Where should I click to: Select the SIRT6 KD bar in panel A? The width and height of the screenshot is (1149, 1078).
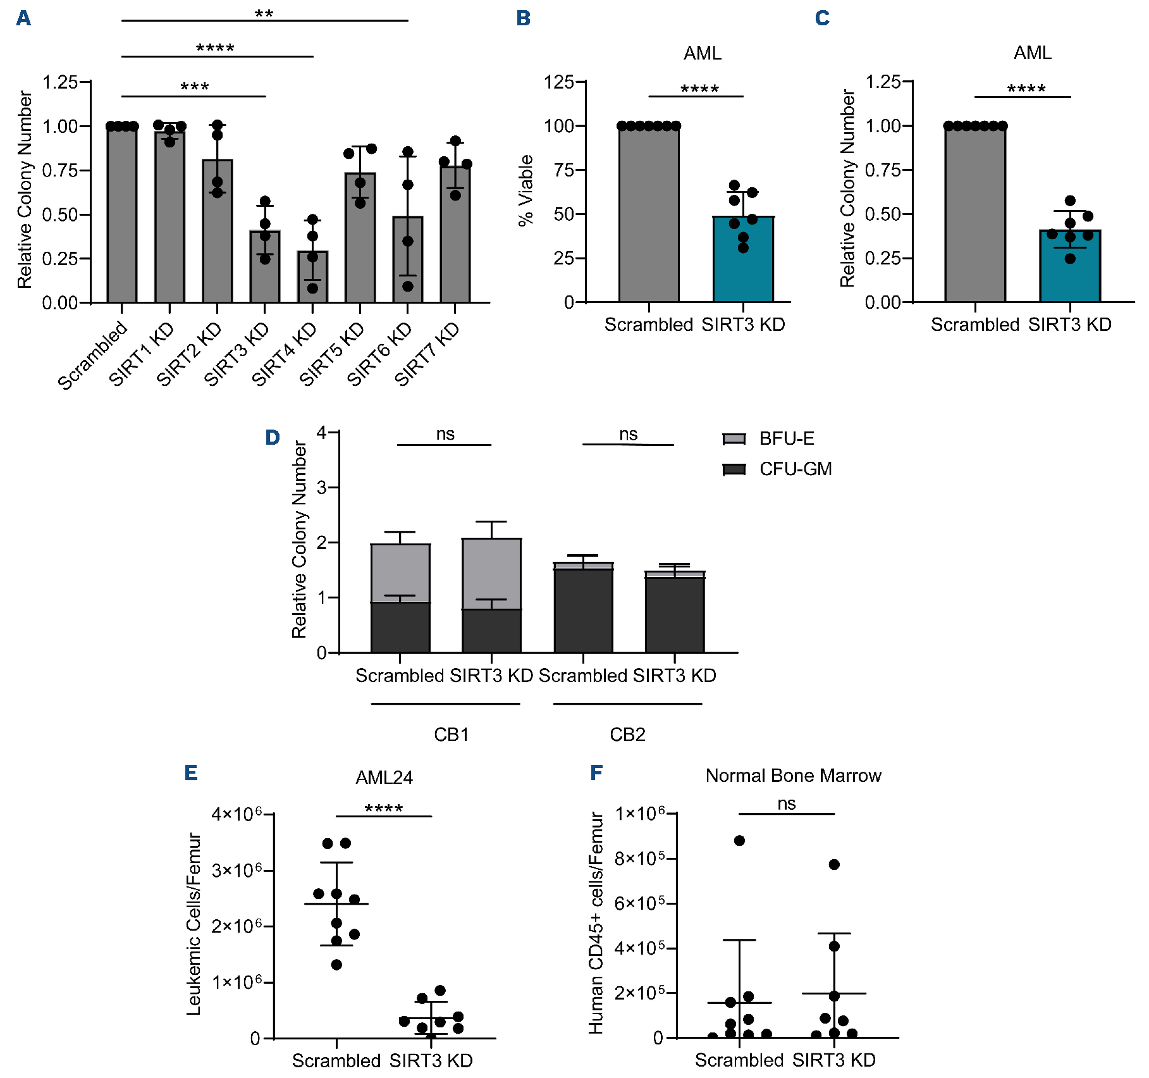pos(408,259)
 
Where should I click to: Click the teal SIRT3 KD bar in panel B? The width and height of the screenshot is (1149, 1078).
pos(743,259)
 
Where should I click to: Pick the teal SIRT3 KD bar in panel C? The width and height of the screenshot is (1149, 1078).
pos(1070,266)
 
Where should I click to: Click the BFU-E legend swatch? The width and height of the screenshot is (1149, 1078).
pos(734,439)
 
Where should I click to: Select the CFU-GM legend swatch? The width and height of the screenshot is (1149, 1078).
pos(734,469)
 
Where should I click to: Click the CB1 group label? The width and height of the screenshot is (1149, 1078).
pos(451,734)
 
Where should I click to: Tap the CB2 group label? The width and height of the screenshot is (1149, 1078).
pos(627,734)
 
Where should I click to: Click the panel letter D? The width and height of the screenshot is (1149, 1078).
pos(273,437)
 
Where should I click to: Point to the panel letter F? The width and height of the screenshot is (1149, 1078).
pos(596,772)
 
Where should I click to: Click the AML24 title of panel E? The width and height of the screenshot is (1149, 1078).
pos(384,778)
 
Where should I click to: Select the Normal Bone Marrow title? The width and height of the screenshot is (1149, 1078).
pos(793,776)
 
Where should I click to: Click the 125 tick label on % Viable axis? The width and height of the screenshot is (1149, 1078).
pos(559,82)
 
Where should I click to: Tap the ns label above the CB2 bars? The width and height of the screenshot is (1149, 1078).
pos(628,434)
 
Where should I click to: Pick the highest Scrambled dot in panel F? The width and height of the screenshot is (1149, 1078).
pos(739,841)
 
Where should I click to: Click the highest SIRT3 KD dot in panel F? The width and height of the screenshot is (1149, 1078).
pos(834,865)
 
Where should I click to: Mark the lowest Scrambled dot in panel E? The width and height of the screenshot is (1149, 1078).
pos(336,965)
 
